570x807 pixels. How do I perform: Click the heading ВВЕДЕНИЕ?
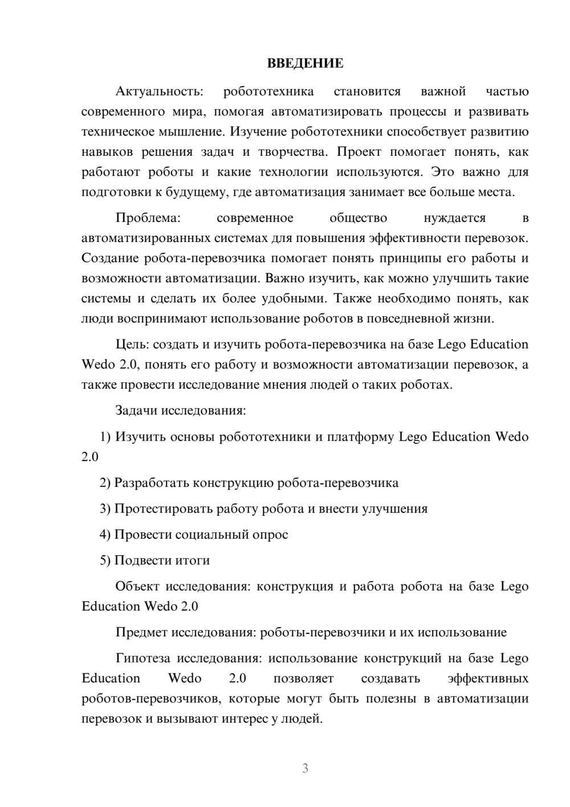pyautogui.click(x=305, y=63)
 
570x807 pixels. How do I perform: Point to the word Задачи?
pyautogui.click(x=137, y=411)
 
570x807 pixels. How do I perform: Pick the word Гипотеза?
pyautogui.click(x=142, y=659)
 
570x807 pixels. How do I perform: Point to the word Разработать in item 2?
pyautogui.click(x=151, y=483)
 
